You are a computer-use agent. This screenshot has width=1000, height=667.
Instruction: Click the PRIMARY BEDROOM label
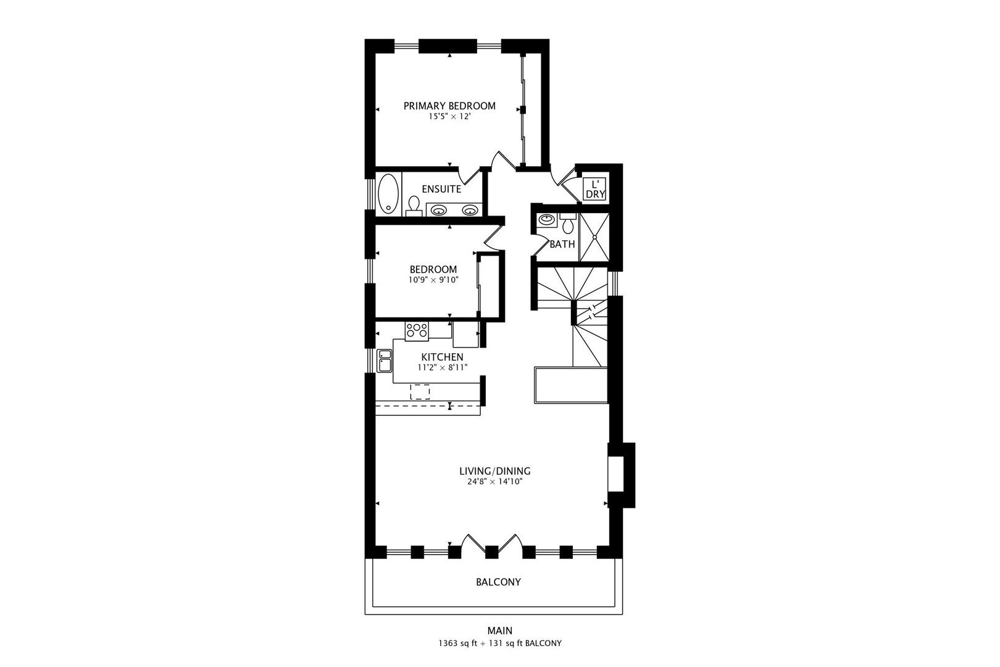click(449, 106)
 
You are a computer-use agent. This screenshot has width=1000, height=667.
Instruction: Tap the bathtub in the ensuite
click(388, 193)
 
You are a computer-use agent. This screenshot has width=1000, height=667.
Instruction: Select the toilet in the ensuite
click(414, 205)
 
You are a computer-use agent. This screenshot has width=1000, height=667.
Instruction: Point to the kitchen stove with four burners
click(417, 330)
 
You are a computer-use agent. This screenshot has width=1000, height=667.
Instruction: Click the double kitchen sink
click(385, 361)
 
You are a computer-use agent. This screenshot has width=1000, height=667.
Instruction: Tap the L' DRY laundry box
click(595, 189)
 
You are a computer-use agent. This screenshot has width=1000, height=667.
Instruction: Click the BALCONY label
click(498, 582)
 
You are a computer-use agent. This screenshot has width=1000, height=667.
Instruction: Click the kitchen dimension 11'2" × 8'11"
click(442, 367)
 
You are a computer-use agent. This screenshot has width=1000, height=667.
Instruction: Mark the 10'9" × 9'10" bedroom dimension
click(433, 280)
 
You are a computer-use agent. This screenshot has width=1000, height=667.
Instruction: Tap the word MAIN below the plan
click(499, 631)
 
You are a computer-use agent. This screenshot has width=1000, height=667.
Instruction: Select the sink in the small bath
click(546, 219)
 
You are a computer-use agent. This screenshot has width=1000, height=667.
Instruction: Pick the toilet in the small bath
click(568, 224)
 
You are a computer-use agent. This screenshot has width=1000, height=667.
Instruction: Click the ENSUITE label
click(441, 189)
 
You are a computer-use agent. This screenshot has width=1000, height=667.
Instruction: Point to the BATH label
click(562, 244)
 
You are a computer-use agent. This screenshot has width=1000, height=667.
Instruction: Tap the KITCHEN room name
click(442, 357)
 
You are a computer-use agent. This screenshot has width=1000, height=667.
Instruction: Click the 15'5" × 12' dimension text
click(449, 117)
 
